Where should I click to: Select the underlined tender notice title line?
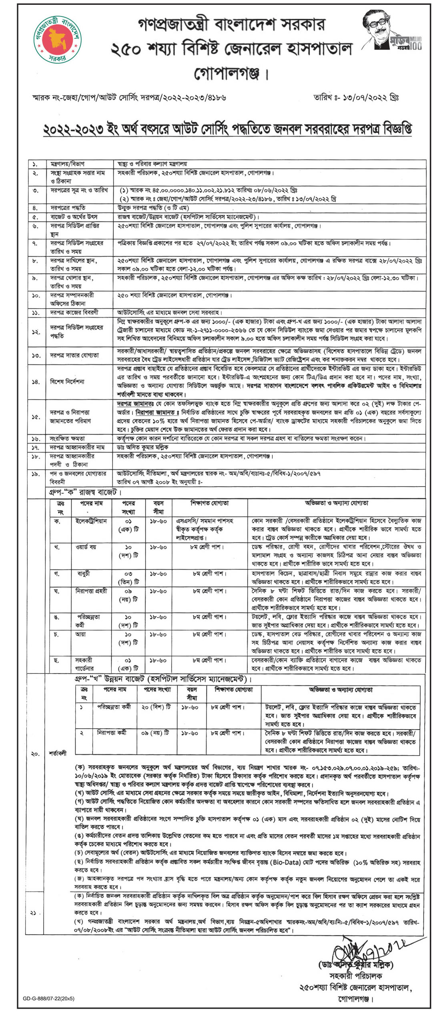pyautogui.click(x=227, y=129)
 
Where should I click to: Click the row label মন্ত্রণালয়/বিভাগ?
pyautogui.click(x=67, y=164)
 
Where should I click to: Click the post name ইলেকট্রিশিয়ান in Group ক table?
pyautogui.click(x=91, y=521)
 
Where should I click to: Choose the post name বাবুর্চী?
pyautogui.click(x=84, y=574)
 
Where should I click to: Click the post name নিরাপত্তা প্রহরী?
pyautogui.click(x=92, y=591)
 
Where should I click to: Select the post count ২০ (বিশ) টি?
pyautogui.click(x=156, y=707)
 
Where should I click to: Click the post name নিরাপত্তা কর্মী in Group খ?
pyautogui.click(x=112, y=733)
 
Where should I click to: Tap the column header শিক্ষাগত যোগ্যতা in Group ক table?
pyautogui.click(x=210, y=503)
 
